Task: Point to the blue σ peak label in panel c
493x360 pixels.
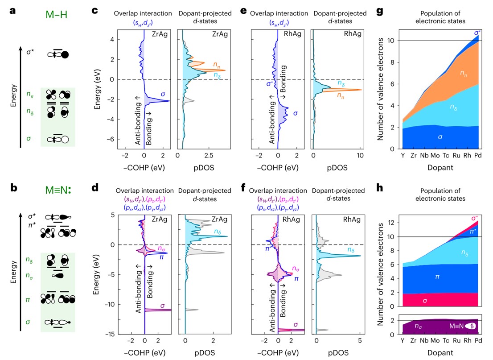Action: tap(163, 95)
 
